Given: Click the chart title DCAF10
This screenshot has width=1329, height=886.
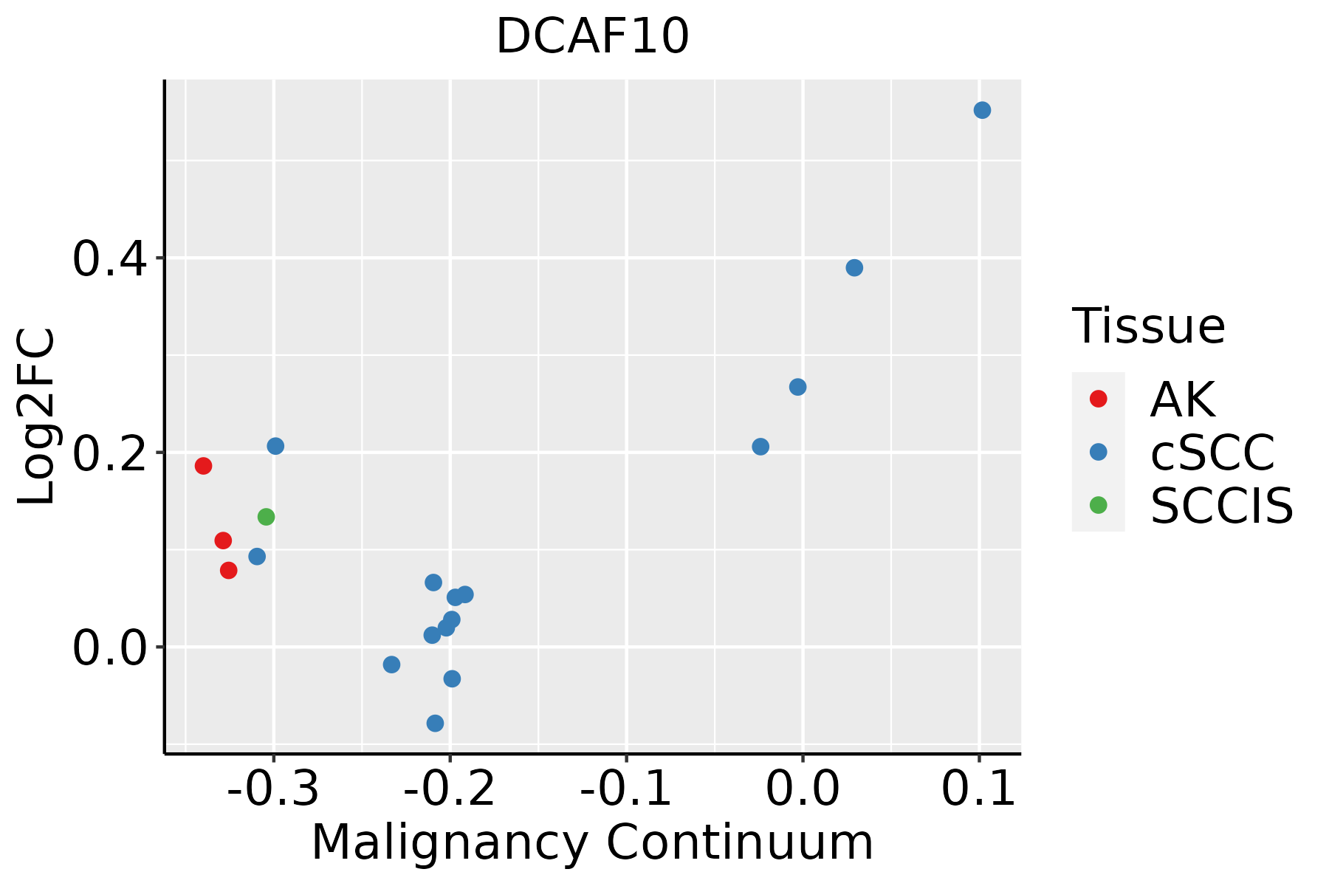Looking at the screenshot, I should click(x=592, y=37).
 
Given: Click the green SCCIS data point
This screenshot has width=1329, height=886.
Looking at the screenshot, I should click(x=266, y=517).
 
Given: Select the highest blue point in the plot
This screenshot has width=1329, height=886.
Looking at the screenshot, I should click(x=982, y=110).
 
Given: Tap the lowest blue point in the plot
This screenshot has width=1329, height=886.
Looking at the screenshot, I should click(x=435, y=723).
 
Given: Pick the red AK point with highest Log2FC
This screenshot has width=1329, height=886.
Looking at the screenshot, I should click(x=203, y=466).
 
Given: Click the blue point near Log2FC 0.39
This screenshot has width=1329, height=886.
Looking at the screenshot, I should click(x=854, y=267).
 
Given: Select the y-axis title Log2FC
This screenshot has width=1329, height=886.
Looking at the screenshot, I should click(x=37, y=416).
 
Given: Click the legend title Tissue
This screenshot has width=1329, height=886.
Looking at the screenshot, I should click(x=1148, y=326).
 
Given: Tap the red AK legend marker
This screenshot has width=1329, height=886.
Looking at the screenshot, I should click(x=1098, y=399).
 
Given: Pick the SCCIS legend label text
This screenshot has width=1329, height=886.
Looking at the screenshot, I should click(x=1222, y=506).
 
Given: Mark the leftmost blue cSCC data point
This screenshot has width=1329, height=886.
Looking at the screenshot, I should click(x=257, y=556).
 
